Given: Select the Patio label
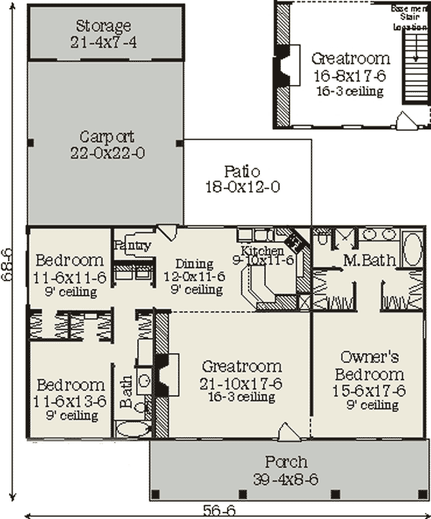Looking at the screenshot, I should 241,172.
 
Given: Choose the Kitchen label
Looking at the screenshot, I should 261,250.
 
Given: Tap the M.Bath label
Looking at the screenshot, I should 369,259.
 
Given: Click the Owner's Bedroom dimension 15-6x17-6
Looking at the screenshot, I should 371,390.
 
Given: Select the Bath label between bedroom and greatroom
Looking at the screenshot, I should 127,392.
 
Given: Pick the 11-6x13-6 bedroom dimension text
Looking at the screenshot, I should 70,401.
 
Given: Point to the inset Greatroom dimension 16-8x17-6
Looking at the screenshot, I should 351,76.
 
